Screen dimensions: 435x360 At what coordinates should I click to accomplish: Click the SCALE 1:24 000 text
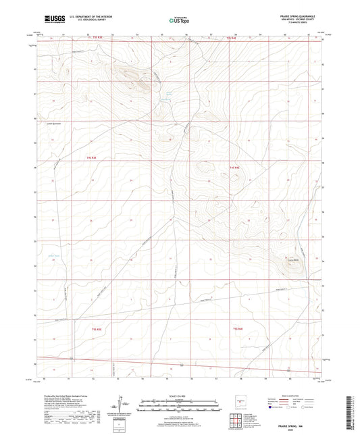(179, 395)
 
